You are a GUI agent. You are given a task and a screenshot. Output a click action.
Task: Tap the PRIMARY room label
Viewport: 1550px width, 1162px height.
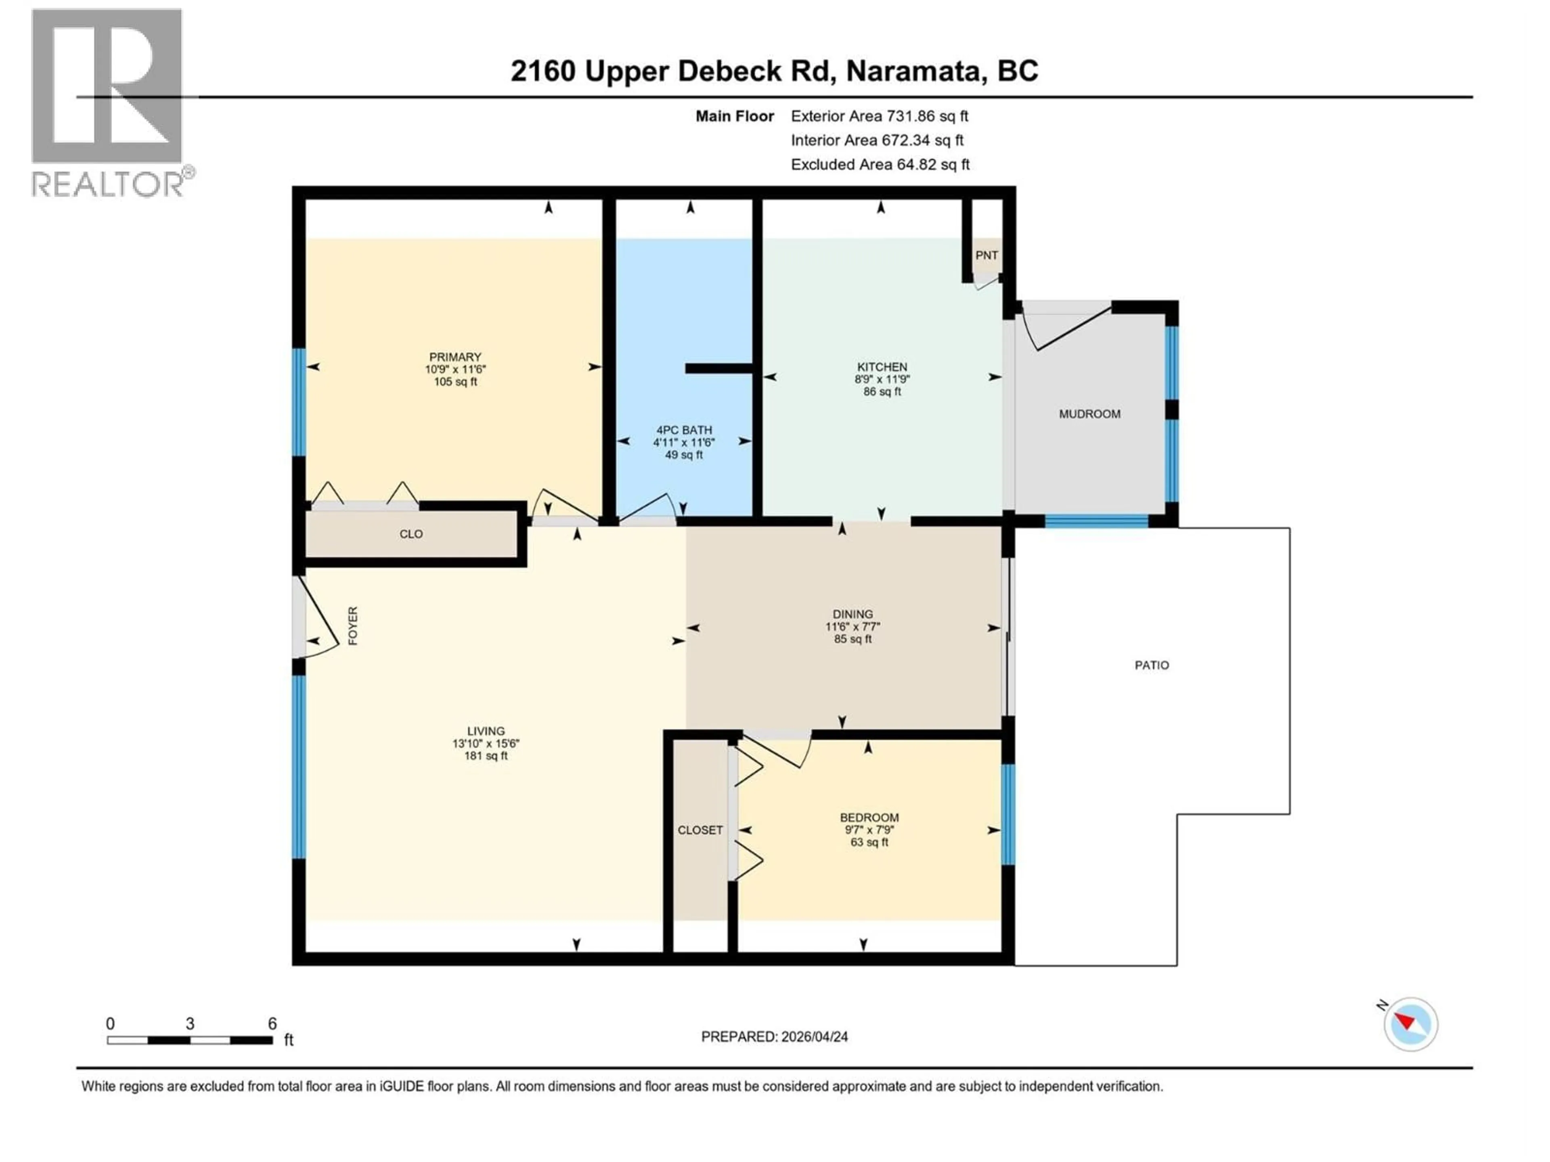(455, 357)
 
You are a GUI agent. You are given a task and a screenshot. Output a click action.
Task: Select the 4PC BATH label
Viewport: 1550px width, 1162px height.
(683, 430)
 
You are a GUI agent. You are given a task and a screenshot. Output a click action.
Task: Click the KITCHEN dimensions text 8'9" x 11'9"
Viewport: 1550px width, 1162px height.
(882, 379)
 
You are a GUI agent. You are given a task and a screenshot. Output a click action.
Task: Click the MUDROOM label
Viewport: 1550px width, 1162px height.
(1089, 414)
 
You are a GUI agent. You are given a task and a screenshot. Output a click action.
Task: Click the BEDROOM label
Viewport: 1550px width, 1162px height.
(869, 817)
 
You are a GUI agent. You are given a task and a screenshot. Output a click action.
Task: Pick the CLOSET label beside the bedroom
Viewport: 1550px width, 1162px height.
(700, 830)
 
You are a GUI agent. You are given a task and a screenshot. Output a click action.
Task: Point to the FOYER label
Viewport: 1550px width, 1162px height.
(352, 625)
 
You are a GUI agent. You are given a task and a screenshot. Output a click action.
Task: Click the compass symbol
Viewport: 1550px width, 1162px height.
(1411, 1024)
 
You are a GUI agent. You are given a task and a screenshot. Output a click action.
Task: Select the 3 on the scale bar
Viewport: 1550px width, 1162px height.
(189, 1023)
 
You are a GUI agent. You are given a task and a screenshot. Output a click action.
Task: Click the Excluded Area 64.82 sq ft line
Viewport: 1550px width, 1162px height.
(880, 165)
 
